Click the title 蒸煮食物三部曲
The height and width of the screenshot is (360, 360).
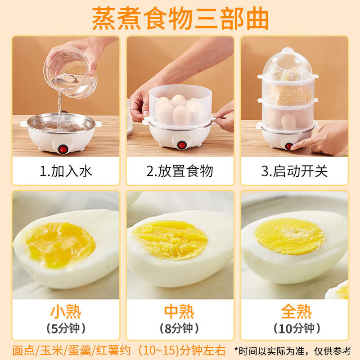[180, 18]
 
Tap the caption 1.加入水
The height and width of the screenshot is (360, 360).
[66, 171]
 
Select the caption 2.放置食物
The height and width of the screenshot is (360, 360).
[180, 171]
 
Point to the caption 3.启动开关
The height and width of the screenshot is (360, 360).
[295, 171]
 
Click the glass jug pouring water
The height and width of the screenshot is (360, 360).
[71, 74]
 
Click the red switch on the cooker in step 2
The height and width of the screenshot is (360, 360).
[182, 145]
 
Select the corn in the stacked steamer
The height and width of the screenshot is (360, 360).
[289, 94]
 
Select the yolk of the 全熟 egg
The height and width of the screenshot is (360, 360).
[289, 236]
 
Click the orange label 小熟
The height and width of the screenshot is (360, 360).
[66, 311]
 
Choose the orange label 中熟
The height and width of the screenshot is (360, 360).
[180, 311]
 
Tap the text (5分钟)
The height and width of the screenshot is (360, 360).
[66, 328]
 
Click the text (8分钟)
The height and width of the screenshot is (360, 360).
[180, 328]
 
